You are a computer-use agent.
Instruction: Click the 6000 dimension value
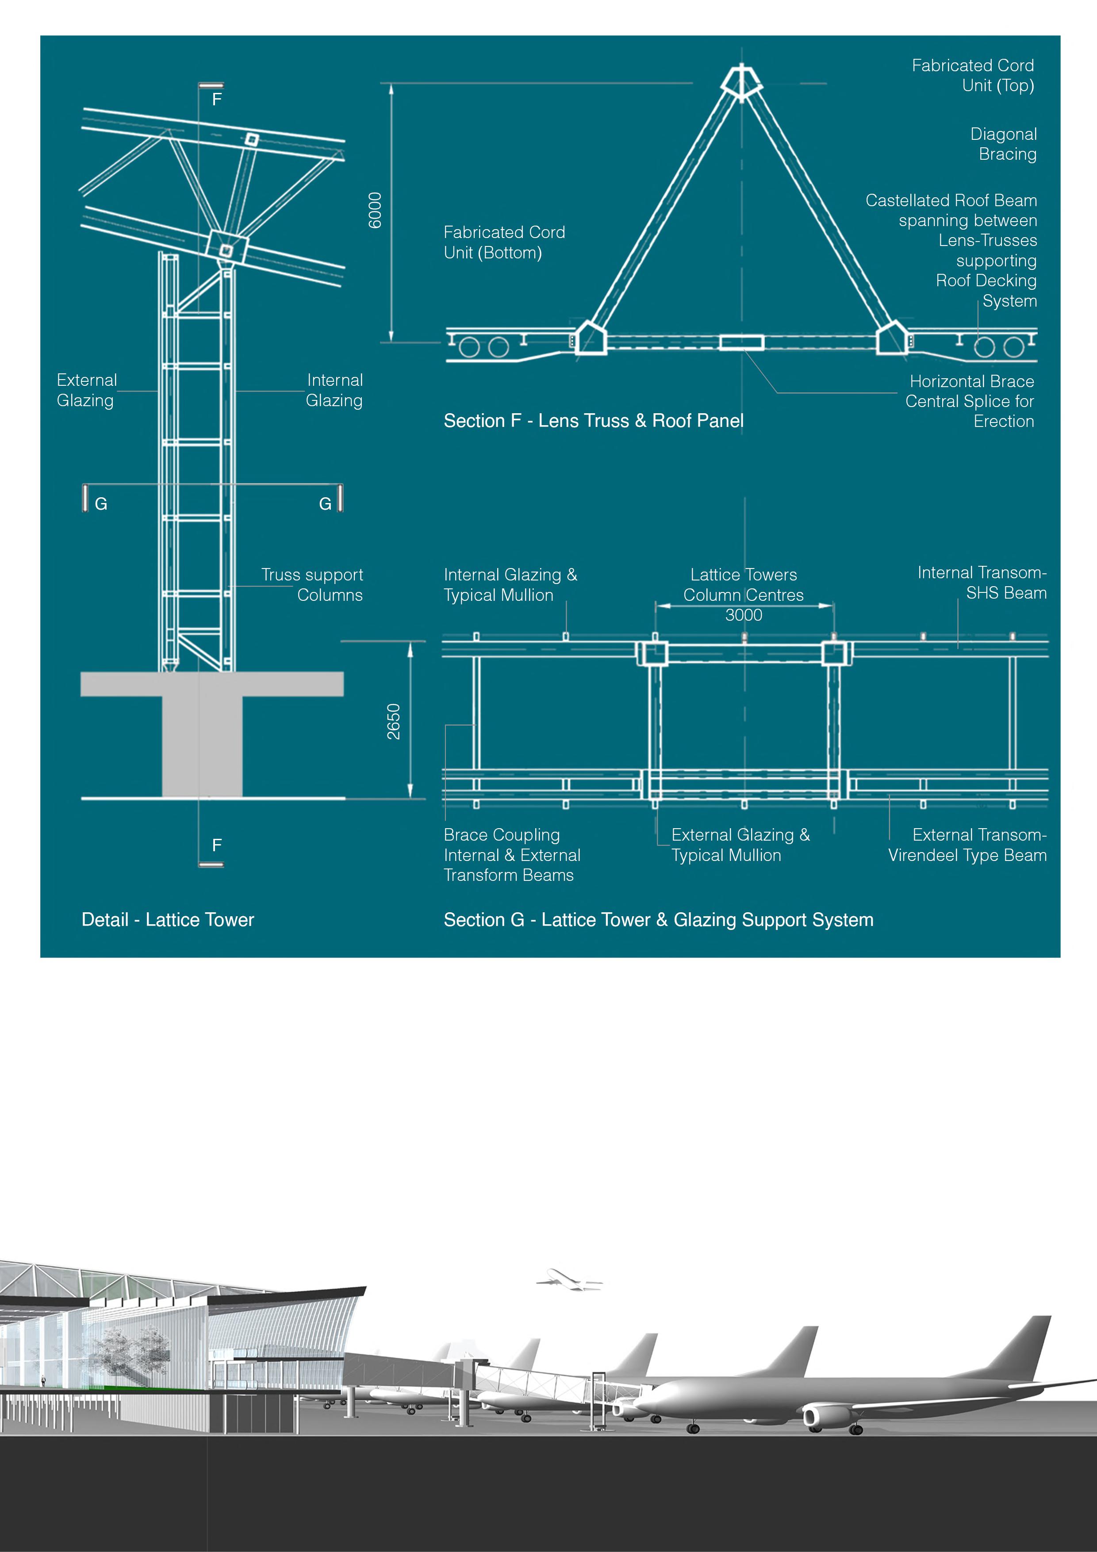coord(375,210)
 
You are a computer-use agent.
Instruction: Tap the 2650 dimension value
coord(393,721)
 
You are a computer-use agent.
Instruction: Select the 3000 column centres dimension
coord(744,615)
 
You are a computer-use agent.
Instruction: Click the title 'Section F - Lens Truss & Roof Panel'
coord(594,421)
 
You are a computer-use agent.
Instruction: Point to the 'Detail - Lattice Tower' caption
coord(168,920)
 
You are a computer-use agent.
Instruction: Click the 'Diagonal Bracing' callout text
coord(1003,144)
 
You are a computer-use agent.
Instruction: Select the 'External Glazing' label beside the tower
coord(87,390)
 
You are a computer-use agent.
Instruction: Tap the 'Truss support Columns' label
coord(312,585)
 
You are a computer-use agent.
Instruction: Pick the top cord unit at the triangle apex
coord(741,82)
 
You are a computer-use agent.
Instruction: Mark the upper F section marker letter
coord(216,100)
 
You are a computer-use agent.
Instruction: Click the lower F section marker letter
coord(216,845)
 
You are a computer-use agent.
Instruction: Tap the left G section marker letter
coord(101,503)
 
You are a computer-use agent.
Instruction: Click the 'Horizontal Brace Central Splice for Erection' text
coord(970,402)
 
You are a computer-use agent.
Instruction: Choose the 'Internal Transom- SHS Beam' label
coord(982,583)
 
